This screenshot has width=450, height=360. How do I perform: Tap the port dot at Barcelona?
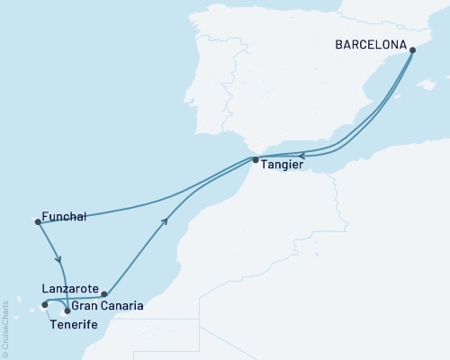click(412, 50)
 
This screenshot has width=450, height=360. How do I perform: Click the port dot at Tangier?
click(256, 160)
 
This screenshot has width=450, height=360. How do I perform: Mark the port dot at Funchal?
click(37, 220)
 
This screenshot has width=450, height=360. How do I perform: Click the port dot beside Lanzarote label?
click(104, 293)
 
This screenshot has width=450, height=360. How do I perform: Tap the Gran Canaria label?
click(107, 307)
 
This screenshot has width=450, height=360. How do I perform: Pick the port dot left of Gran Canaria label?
click(67, 310)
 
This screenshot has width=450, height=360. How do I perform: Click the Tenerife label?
click(74, 323)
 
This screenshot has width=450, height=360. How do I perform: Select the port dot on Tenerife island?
click(43, 304)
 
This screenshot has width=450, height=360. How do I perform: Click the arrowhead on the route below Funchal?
click(59, 260)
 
